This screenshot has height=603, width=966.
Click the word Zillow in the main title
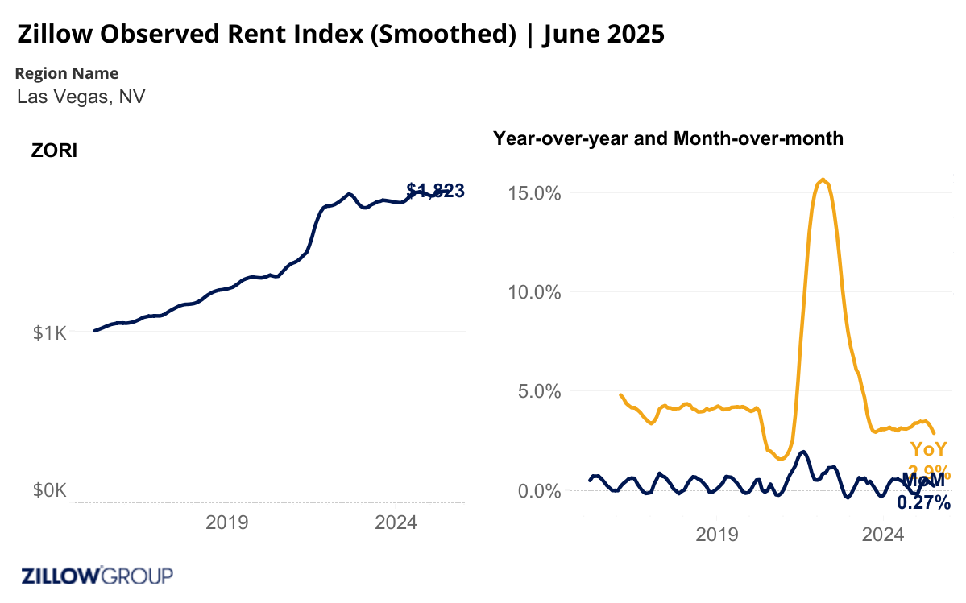54,35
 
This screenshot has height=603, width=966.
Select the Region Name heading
67,73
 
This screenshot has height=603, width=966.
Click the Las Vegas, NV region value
81,97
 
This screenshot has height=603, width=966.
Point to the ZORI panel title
54,151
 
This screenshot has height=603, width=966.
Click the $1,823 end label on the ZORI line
436,191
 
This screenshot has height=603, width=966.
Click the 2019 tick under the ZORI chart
227,522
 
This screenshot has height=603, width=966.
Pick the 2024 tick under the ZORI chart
396,522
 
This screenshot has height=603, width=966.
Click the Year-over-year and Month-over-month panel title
668,138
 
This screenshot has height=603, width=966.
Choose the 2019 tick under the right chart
717,534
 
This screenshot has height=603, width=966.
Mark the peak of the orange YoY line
822,180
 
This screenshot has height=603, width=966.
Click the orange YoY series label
929,449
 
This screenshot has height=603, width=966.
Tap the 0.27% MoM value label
923,503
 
